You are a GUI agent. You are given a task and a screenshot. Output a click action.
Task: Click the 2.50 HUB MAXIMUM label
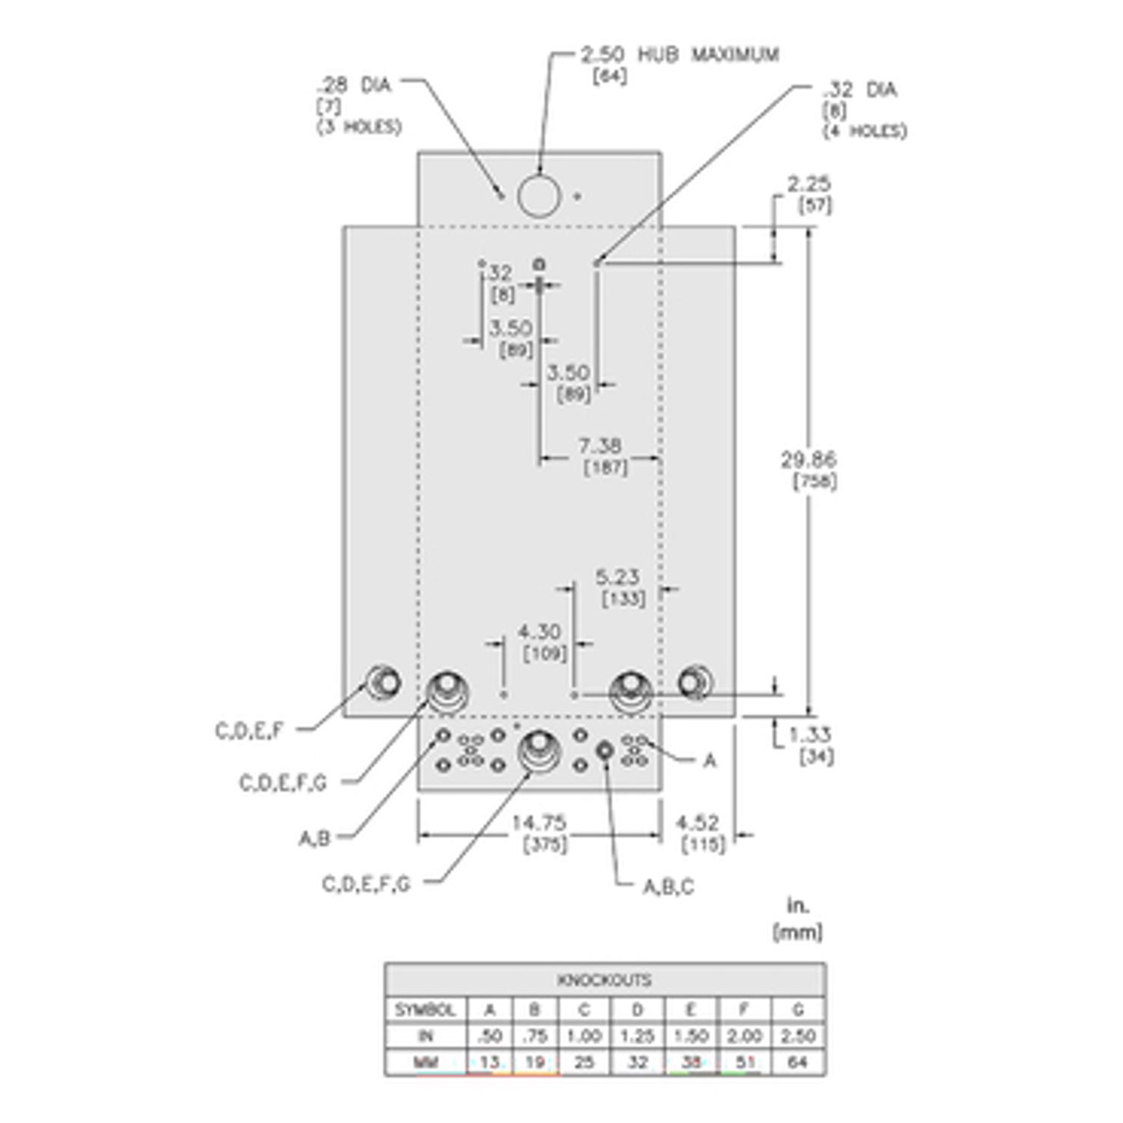point(679,54)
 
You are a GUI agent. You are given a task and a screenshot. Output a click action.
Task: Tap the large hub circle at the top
point(539,195)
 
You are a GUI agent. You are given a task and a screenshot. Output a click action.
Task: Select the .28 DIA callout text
point(353,85)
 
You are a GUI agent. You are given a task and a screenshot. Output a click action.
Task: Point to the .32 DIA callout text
point(858,90)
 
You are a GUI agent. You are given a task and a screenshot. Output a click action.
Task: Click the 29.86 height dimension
point(809,459)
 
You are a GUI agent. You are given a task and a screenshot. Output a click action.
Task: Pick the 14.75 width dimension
point(539,823)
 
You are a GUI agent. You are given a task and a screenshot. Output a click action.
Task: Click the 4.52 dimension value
point(697,823)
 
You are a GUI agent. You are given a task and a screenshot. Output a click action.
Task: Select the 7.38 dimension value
point(600,445)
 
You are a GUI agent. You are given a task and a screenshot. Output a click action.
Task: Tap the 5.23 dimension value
point(619,577)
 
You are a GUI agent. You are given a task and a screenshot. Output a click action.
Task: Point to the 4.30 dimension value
point(539,633)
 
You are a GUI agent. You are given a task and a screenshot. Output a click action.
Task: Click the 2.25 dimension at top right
point(809,183)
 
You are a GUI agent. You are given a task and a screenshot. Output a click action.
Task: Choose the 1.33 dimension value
point(809,736)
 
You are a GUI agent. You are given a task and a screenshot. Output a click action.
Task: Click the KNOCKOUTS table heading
point(605,980)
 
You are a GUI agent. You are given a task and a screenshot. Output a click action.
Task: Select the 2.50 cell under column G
point(798,1036)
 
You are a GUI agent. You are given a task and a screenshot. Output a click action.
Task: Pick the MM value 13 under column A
point(489,1062)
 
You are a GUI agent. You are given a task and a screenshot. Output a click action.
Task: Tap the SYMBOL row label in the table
point(425,1010)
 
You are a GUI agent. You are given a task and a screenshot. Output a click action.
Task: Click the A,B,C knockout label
point(668,887)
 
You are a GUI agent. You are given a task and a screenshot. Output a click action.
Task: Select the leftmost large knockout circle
point(383,681)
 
